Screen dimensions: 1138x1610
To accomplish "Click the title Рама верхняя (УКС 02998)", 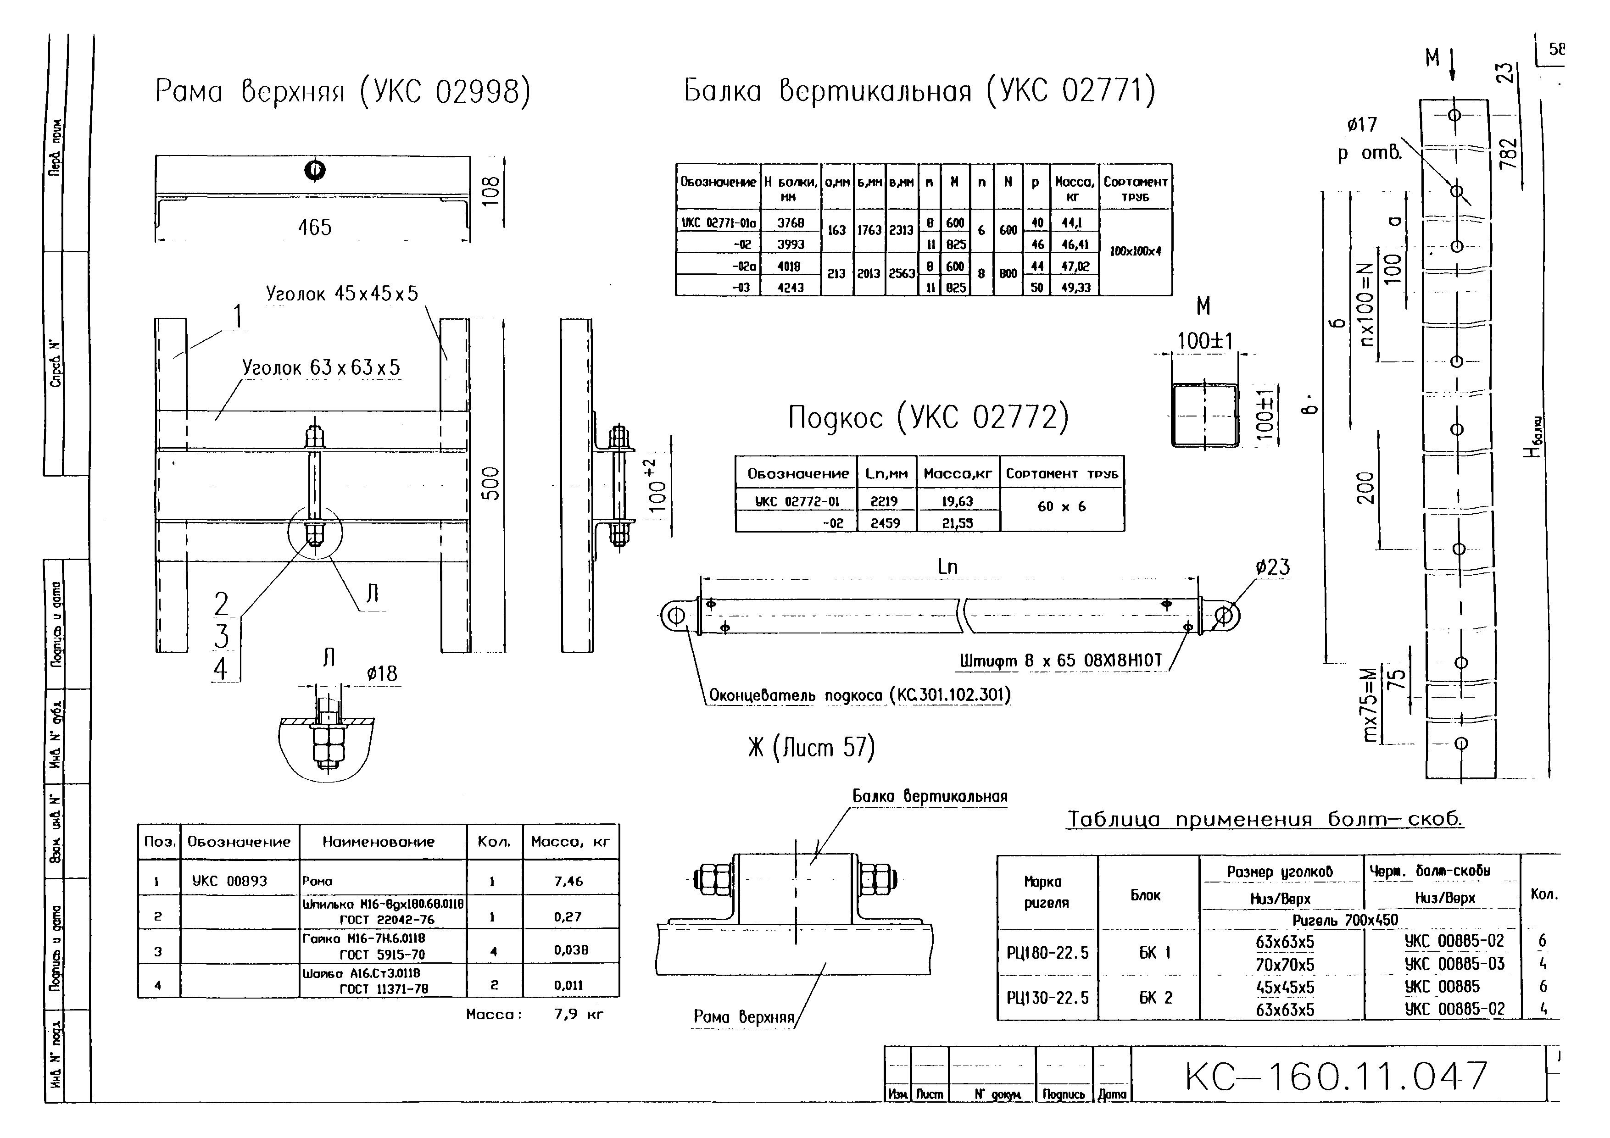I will coord(342,92).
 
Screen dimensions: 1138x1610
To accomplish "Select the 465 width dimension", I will coord(314,227).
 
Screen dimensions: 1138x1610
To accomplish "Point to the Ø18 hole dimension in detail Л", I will coord(382,674).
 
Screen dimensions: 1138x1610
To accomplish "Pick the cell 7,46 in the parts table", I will coord(568,882).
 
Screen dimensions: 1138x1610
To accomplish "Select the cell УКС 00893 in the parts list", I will coord(229,882).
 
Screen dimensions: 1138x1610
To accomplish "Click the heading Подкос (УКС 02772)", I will coord(928,417).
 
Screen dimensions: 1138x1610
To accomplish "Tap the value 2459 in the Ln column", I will coord(885,523).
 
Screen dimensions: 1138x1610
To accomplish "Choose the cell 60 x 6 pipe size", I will coord(1062,506).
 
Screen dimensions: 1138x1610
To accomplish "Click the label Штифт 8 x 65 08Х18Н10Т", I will coord(1060,661).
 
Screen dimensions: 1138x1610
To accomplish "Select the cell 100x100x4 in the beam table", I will coord(1135,251).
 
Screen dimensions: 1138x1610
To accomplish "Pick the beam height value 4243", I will coord(790,288).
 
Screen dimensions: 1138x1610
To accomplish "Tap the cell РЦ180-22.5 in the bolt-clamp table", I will coord(1047,953).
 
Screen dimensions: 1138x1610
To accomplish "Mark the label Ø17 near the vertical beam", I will coord(1362,125).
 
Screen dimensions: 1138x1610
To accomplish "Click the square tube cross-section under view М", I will coord(1205,415).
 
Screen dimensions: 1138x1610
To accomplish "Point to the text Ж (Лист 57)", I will coord(811,748).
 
